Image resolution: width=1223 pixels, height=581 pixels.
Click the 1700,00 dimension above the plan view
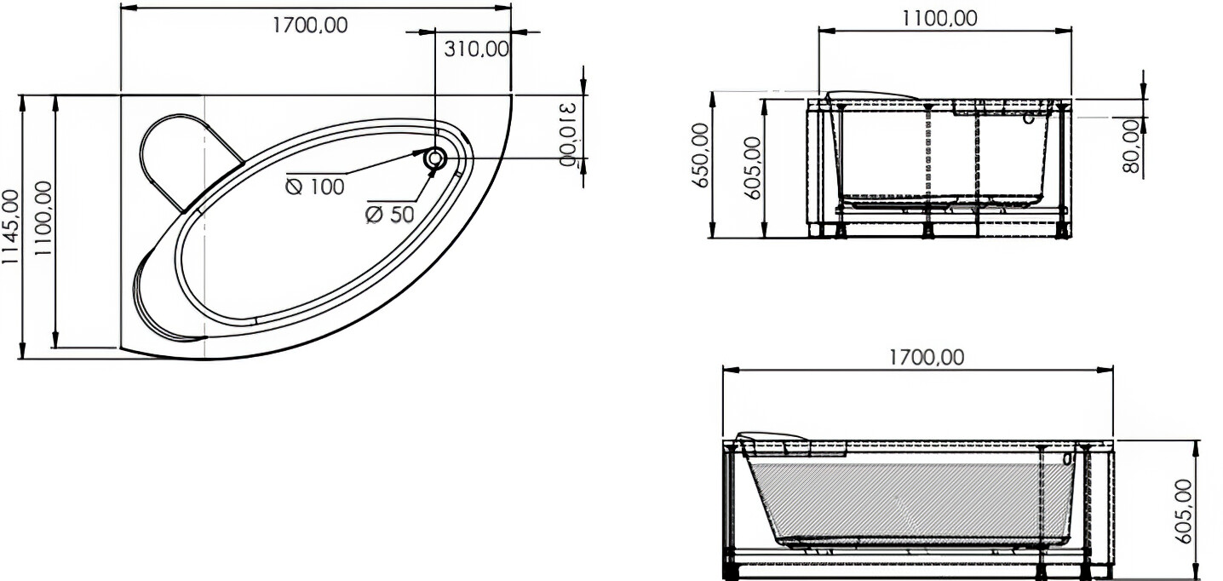point(309,26)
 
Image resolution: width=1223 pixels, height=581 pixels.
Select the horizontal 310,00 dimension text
point(476,49)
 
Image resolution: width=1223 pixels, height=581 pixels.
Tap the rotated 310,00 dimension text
point(568,133)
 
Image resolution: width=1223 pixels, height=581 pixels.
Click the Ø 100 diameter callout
point(315,187)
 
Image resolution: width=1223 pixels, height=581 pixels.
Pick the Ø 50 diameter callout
point(390,215)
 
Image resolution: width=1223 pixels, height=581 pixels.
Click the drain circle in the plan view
point(435,159)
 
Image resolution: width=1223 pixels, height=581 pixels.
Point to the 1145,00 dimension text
point(10,226)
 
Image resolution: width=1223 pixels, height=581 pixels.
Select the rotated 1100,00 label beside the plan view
point(43,218)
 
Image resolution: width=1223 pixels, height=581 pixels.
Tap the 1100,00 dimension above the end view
point(939,19)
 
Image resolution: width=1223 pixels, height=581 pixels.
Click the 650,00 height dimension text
point(700,155)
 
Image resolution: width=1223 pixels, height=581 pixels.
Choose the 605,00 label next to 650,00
point(753,168)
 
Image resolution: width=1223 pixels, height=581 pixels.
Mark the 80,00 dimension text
point(1133,147)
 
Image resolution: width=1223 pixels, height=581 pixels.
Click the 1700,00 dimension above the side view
point(927,358)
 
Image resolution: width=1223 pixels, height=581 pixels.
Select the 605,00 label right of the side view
point(1184,512)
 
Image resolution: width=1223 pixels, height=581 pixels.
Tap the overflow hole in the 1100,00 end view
point(1028,118)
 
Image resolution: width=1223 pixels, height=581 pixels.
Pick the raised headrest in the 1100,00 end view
point(872,95)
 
